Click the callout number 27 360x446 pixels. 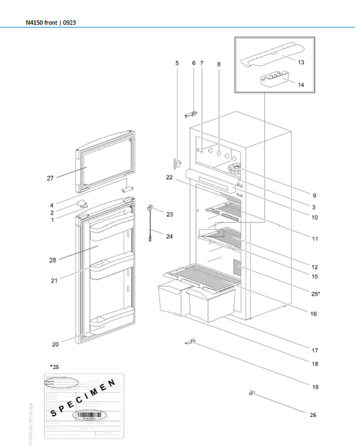pyautogui.click(x=50, y=178)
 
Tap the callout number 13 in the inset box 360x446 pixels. pyautogui.click(x=301, y=62)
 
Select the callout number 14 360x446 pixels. pyautogui.click(x=301, y=85)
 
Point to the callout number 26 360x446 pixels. pyautogui.click(x=313, y=414)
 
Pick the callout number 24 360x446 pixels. pyautogui.click(x=170, y=237)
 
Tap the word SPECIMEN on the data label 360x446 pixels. pyautogui.click(x=83, y=399)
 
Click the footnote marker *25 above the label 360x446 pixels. pyautogui.click(x=54, y=366)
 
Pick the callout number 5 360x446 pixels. pyautogui.click(x=177, y=63)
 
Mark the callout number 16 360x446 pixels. pyautogui.click(x=314, y=314)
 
